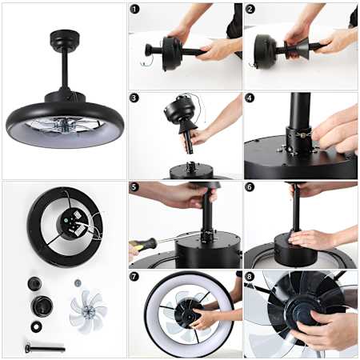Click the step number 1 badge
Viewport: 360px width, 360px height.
(x=134, y=10)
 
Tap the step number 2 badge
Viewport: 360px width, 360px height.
(x=250, y=10)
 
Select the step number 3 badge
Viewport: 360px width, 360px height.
(x=134, y=98)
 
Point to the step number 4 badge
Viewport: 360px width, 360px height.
(x=250, y=98)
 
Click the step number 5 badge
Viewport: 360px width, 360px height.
(x=134, y=186)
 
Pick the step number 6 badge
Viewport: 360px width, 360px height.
(x=250, y=186)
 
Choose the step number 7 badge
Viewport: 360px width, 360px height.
(x=134, y=276)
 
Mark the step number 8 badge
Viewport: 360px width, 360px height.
(x=250, y=276)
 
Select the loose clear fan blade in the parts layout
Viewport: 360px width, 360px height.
(x=87, y=311)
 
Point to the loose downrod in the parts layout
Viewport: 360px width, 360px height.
(x=45, y=349)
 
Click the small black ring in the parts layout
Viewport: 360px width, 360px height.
(x=36, y=326)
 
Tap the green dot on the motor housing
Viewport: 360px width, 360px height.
(x=66, y=220)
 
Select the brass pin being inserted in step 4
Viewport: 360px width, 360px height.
(x=303, y=135)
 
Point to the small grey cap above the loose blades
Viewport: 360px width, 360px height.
(x=78, y=282)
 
